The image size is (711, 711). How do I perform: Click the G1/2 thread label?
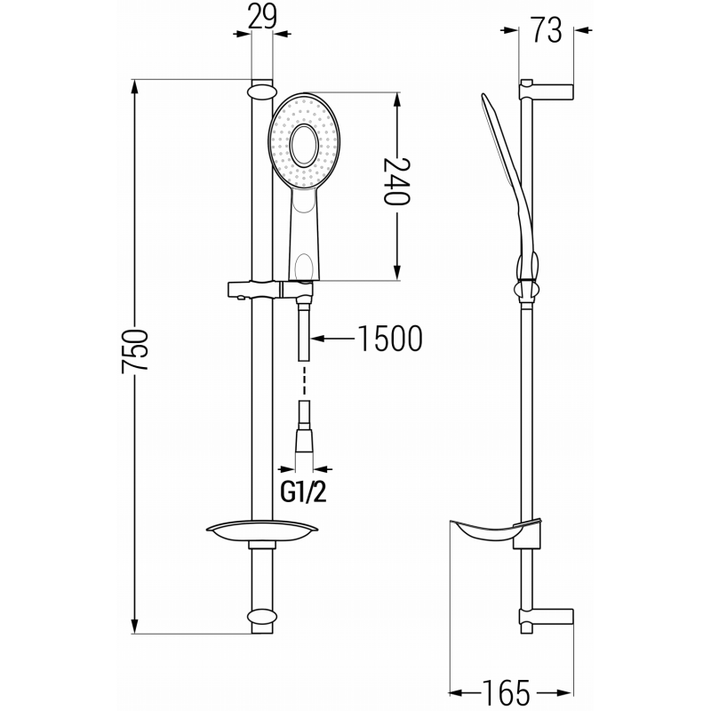pos(304,491)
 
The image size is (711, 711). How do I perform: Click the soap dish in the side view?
pos(494,531)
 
